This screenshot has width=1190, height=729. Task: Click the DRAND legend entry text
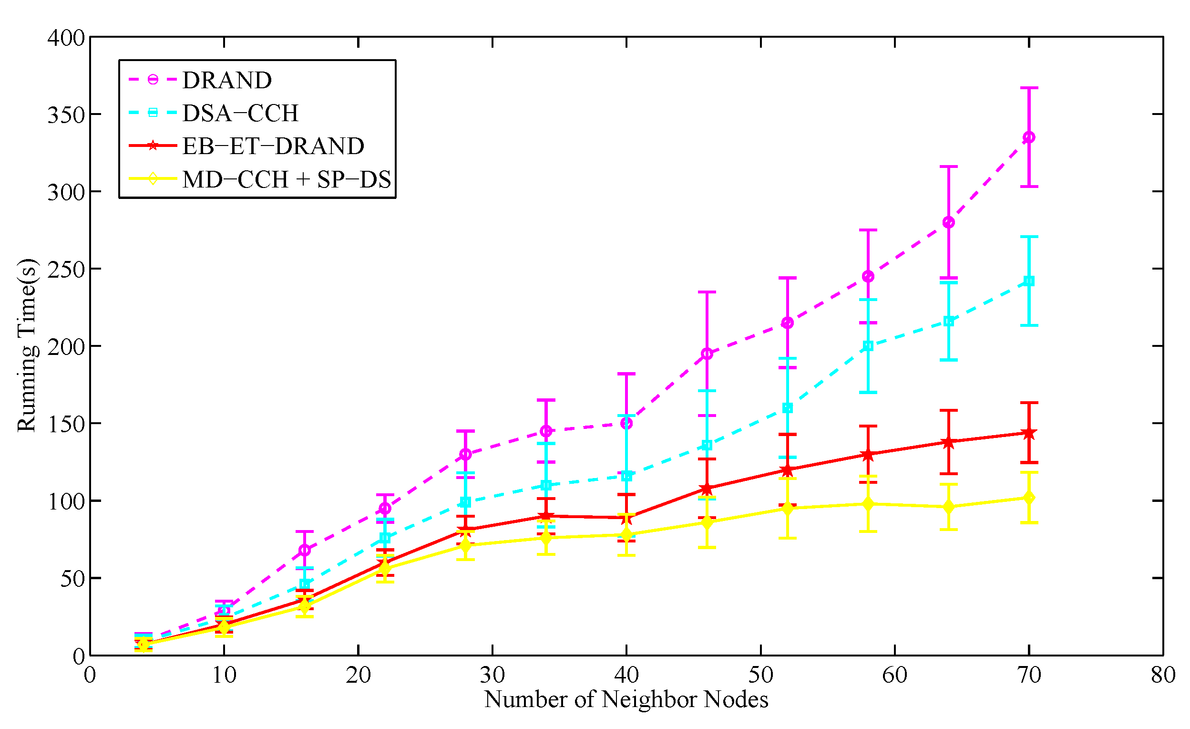coord(227,80)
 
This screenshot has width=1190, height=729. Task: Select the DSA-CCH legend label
coord(240,113)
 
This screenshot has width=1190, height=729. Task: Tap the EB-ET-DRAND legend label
coord(273,146)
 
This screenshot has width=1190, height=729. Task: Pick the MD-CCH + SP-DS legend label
coord(287,180)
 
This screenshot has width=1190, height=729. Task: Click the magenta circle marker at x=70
coord(1029,137)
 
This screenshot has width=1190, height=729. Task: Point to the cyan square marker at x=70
coord(1029,281)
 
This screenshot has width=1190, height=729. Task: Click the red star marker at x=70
coord(1029,433)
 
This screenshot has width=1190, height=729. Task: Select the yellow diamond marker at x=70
coord(1029,498)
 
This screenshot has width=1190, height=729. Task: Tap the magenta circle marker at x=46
coord(707,354)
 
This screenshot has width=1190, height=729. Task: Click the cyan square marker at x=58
coord(868,346)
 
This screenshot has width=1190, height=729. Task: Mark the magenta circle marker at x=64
coord(949,222)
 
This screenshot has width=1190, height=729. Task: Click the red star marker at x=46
coord(707,489)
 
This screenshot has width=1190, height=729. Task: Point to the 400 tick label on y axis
coord(66,38)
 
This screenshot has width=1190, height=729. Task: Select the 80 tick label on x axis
coord(1163,675)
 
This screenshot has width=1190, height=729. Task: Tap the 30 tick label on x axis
coord(492,675)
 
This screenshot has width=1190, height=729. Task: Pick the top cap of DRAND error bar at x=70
coord(1029,88)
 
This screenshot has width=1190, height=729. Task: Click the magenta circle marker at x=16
coord(304,550)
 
